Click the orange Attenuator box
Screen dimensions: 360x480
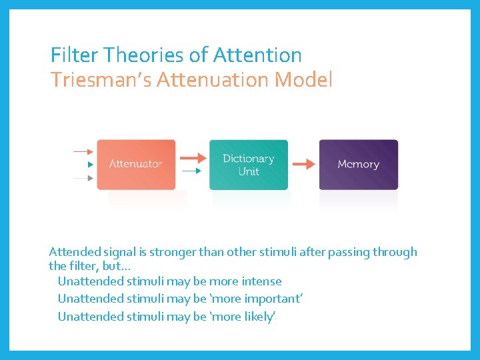click(x=136, y=164)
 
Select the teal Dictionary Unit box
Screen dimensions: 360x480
click(x=248, y=165)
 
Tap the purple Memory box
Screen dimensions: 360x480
click(x=358, y=164)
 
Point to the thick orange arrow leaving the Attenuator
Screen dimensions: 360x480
click(x=193, y=158)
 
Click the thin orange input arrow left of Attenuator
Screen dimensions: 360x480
click(x=83, y=151)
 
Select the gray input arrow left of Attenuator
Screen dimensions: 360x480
click(x=83, y=178)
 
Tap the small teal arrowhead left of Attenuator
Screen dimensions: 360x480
click(x=91, y=165)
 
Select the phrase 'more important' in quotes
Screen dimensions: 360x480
click(x=257, y=299)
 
